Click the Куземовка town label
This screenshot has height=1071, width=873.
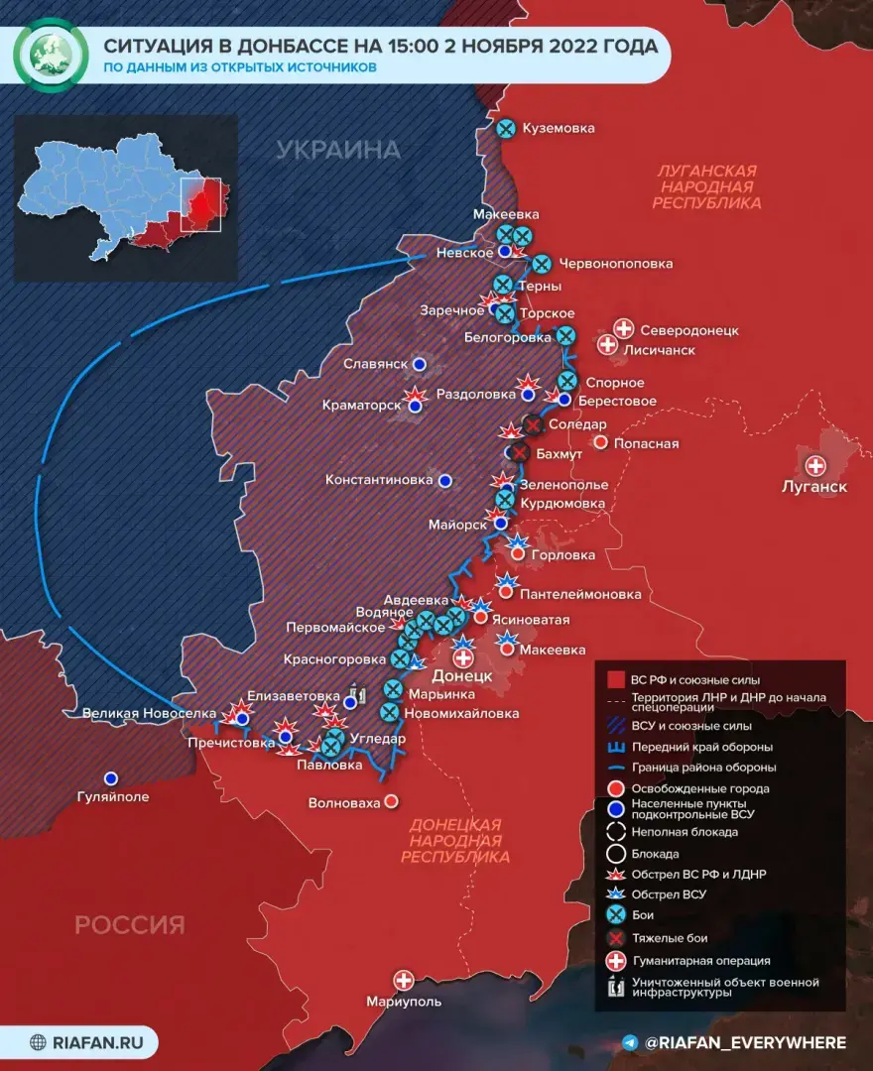click(x=560, y=128)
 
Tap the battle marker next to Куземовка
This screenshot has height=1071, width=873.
click(x=506, y=128)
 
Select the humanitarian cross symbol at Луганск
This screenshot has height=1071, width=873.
click(x=815, y=465)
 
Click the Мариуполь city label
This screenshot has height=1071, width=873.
click(x=403, y=1002)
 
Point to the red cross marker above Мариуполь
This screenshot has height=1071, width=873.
click(x=404, y=980)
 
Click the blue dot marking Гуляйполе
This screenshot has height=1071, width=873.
click(x=111, y=778)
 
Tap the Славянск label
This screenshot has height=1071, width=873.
click(x=376, y=364)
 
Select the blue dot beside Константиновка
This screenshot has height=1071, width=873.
click(x=445, y=480)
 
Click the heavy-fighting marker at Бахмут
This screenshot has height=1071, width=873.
click(x=518, y=453)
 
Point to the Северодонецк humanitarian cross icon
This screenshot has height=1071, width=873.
click(x=624, y=328)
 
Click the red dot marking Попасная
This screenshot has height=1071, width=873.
click(x=599, y=442)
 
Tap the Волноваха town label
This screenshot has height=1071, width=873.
click(x=344, y=802)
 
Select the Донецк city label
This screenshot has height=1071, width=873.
click(x=462, y=675)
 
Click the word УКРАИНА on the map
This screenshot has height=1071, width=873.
click(x=338, y=150)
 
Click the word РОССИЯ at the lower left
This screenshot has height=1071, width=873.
click(x=130, y=925)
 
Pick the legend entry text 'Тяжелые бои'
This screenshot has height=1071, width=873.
click(x=670, y=937)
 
